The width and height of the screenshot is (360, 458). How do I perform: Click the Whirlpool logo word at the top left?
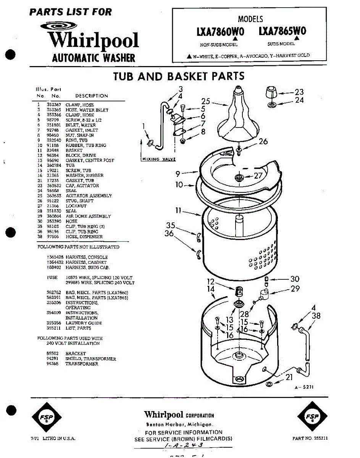coord(93,41)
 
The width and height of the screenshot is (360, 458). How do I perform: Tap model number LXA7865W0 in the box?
coord(282,31)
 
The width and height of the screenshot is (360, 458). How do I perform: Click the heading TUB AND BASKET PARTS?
coord(179,76)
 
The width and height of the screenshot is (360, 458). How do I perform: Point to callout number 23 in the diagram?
coord(299,92)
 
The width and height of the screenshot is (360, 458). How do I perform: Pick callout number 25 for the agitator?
coord(206,101)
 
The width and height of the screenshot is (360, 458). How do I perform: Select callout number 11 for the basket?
coord(179,210)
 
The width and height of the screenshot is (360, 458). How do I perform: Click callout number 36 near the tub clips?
coord(169,233)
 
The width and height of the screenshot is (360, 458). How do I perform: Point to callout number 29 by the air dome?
coord(295,289)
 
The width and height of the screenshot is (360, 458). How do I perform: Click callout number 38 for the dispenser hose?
coord(316,316)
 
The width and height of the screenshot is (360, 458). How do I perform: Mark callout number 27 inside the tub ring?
coord(258,176)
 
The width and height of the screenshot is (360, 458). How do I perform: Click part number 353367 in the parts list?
coord(54,105)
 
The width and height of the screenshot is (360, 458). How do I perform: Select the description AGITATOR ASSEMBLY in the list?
coord(89,196)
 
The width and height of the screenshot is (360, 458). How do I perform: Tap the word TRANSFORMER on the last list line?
coord(82,364)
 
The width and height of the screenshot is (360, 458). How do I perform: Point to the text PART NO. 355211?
coord(310,439)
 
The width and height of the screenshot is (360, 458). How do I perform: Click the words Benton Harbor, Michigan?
coord(179,424)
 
